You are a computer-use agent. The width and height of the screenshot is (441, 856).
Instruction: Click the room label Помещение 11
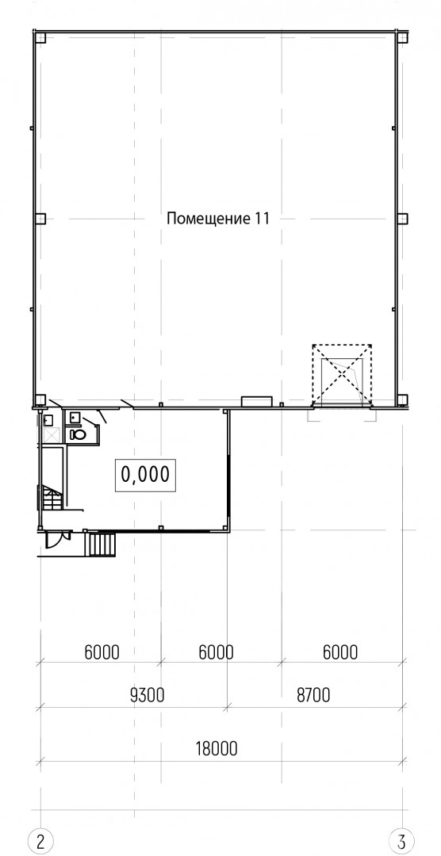pos(217,220)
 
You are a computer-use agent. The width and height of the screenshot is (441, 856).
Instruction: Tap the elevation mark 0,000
pos(145,475)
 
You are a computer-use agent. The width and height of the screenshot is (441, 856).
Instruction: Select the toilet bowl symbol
pos(78,434)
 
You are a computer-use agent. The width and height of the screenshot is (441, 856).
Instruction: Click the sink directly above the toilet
pos(75,418)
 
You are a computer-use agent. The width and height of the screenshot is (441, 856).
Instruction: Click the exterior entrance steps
pos(102,545)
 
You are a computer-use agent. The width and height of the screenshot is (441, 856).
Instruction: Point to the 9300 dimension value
pos(148,696)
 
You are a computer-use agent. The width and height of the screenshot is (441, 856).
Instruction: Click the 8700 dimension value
pos(313,696)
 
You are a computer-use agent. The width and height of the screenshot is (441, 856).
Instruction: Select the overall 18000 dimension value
pos(217,749)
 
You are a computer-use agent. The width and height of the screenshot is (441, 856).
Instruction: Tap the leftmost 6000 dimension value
pos(102,652)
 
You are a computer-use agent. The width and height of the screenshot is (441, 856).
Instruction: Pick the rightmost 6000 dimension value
pos(340,652)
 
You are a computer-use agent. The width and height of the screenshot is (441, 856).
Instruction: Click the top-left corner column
pos(40,38)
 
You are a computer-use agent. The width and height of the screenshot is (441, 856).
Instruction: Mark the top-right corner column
pos(402,38)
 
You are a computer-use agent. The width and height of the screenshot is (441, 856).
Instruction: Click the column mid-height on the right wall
pos(402,219)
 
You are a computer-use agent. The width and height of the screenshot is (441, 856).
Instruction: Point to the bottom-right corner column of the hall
pos(402,399)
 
